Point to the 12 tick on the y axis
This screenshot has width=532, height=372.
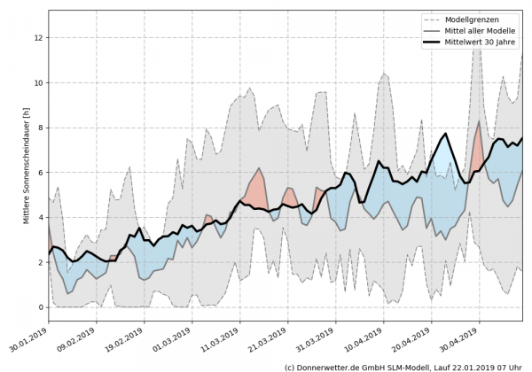[x=39, y=38]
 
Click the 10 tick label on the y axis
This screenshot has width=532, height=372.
[x=39, y=83]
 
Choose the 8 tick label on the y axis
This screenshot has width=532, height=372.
[x=41, y=128]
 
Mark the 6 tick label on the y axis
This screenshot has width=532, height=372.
[x=41, y=173]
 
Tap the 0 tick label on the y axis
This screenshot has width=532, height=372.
[x=41, y=307]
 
